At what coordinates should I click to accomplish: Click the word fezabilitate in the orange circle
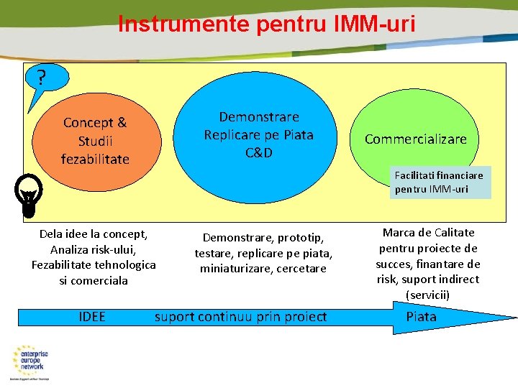click(x=95, y=159)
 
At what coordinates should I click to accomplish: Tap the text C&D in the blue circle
click(x=258, y=152)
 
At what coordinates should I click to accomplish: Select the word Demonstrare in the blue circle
click(x=259, y=116)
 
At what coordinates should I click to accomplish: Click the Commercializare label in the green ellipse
click(x=415, y=139)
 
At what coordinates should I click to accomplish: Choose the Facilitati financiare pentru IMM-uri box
click(x=439, y=182)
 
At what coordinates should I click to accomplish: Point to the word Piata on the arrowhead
click(x=421, y=317)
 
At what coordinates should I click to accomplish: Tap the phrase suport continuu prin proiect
click(x=240, y=317)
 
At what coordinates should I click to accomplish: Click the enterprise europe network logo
click(x=34, y=360)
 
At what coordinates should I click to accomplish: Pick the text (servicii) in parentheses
click(x=427, y=295)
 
